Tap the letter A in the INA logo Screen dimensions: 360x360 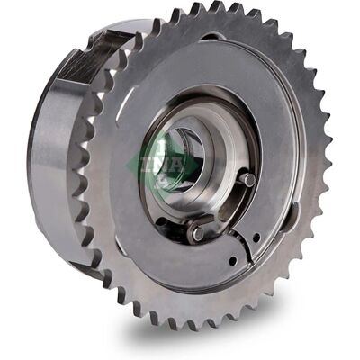[x=175, y=164]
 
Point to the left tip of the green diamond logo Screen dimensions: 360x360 [x=126, y=164]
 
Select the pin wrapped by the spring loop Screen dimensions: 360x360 [x=197, y=232]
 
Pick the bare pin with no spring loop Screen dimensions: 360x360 [x=249, y=179]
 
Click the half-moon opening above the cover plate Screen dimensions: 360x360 [x=215, y=38]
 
